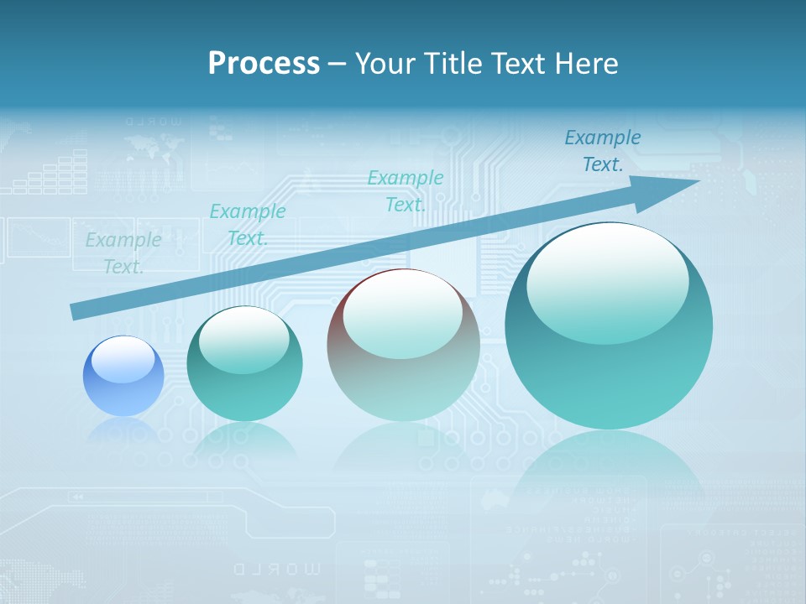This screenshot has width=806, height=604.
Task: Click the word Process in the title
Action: point(264,64)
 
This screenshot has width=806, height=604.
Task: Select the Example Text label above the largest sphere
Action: point(602,151)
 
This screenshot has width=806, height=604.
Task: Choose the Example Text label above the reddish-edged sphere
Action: point(406,190)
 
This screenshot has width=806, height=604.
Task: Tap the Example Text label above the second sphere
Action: point(247,225)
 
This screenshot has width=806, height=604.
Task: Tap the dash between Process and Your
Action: point(337,64)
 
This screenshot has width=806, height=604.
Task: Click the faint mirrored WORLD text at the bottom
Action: point(277,570)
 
